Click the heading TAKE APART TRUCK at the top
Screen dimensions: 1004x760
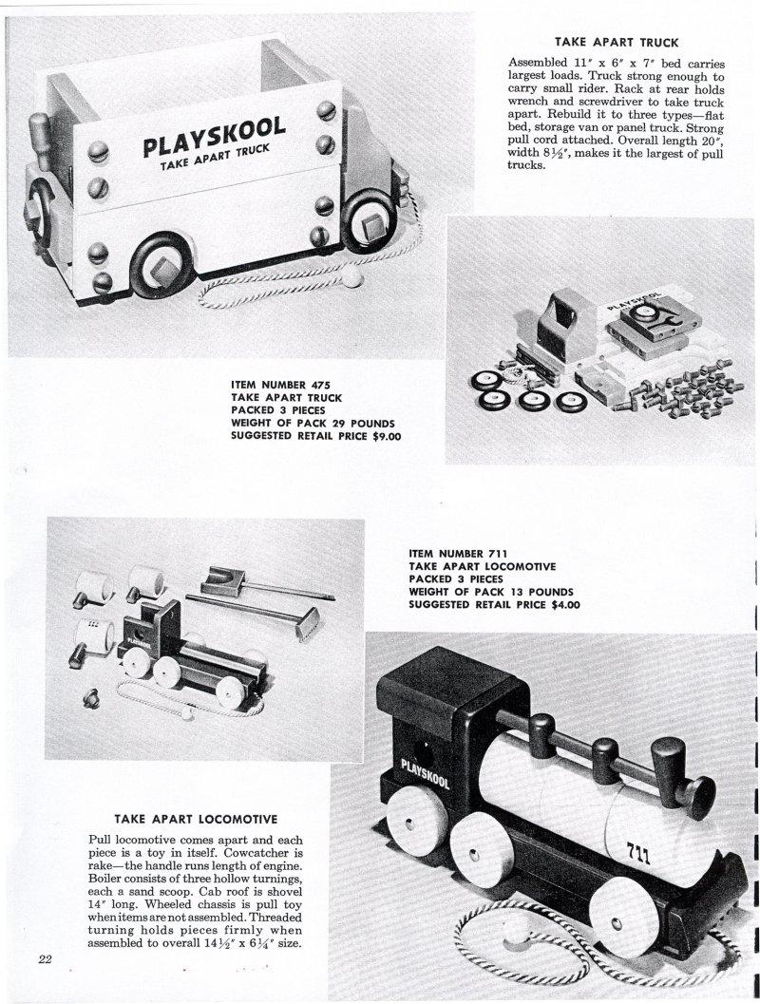coord(617,42)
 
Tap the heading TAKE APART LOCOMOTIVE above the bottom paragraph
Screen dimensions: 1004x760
coord(196,818)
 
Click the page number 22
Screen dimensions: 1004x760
coord(45,957)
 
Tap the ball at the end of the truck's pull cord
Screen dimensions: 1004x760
coord(352,279)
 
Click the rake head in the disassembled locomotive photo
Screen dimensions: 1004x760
coord(306,629)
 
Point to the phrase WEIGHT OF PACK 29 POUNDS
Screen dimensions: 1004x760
coord(313,423)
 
